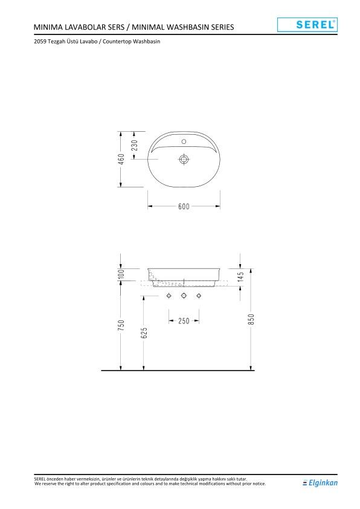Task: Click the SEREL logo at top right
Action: coord(307,25)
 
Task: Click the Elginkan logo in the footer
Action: coord(320,482)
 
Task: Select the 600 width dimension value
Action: coord(184,207)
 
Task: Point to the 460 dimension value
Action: coord(121,159)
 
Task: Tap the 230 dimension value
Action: coord(135,145)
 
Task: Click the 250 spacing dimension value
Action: coord(184,320)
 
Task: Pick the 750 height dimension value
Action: coord(121,325)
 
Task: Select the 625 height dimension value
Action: coord(143,333)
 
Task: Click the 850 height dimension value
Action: coord(251,319)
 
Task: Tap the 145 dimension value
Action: coord(240,277)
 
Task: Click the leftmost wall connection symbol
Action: coord(169,296)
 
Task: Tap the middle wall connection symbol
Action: coord(184,296)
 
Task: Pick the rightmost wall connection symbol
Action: coord(198,296)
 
